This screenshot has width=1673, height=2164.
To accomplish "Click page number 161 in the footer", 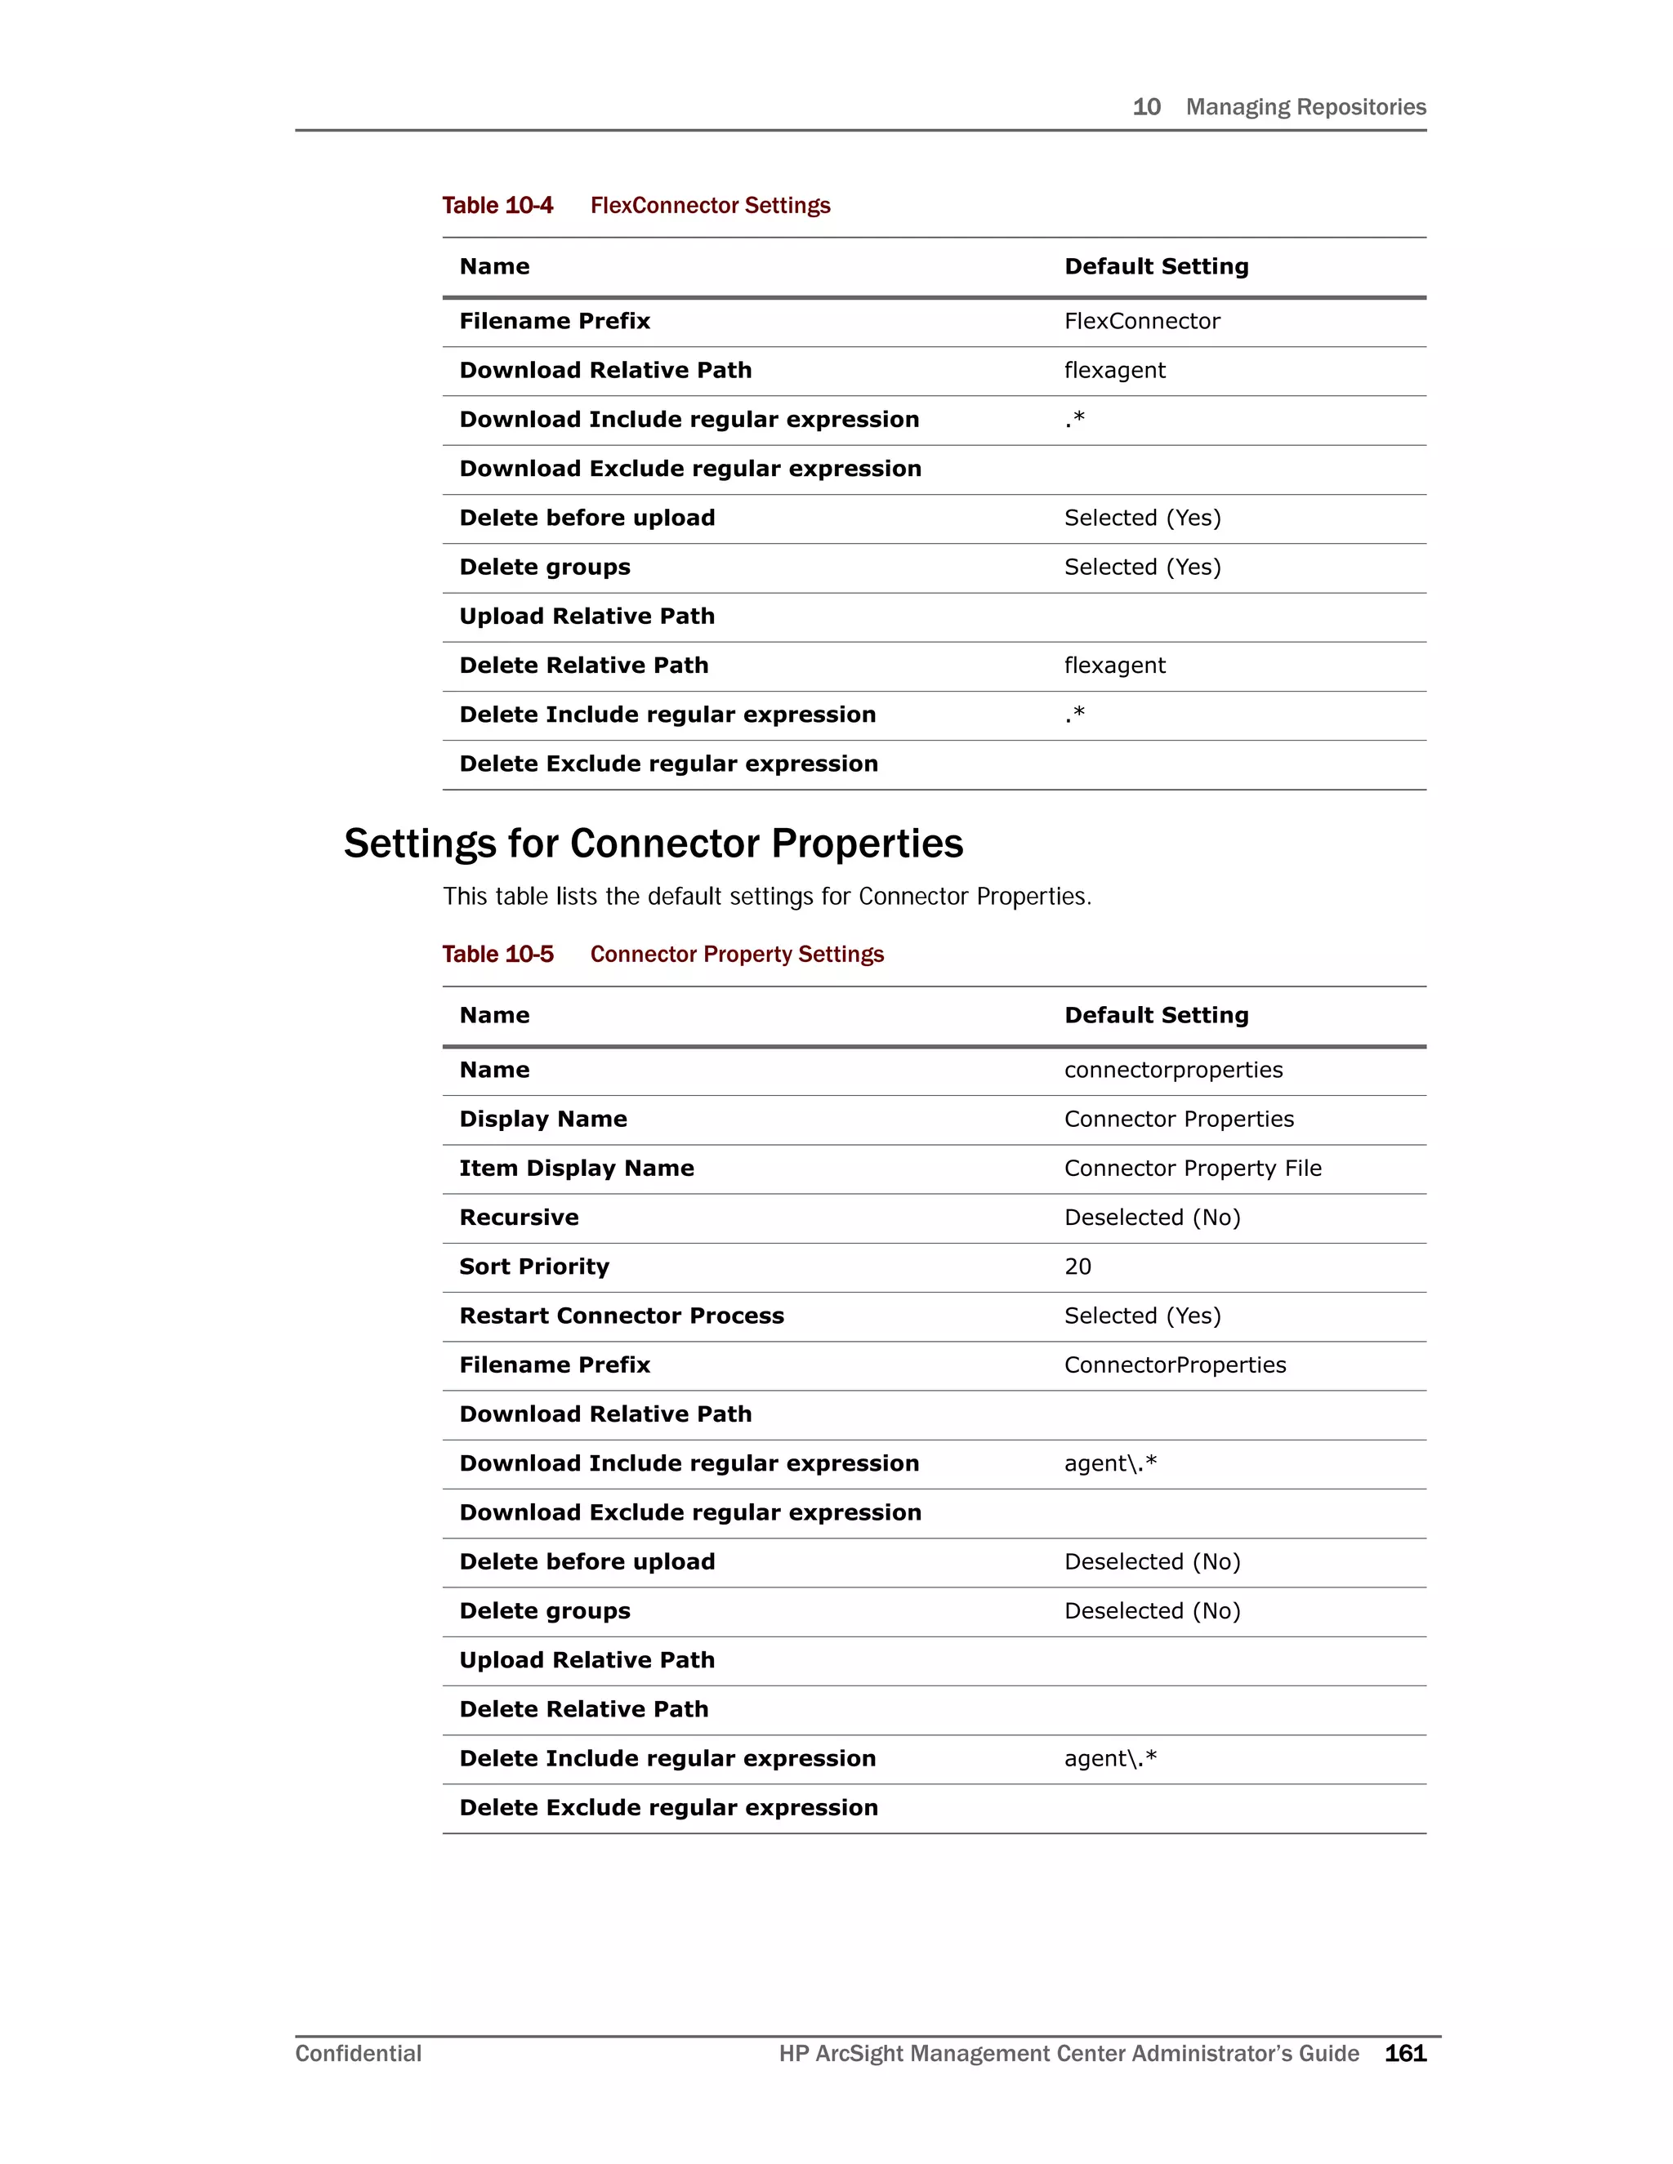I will [x=1404, y=2053].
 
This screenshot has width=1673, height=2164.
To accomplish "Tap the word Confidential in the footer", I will [x=358, y=2053].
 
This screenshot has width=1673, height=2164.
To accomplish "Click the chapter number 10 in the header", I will [x=1146, y=107].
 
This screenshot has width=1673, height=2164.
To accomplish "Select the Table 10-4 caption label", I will [x=497, y=205].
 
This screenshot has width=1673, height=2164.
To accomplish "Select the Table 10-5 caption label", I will [x=497, y=954].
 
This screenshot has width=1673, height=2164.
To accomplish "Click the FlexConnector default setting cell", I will [x=1142, y=321].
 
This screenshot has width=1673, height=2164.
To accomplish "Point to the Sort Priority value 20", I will [x=1077, y=1267].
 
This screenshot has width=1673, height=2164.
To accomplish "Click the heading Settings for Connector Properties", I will [x=654, y=844].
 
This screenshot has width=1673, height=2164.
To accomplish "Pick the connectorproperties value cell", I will [x=1174, y=1070].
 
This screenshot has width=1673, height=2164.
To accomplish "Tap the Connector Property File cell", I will [x=1193, y=1169].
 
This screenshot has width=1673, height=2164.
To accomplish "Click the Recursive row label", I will [x=519, y=1218].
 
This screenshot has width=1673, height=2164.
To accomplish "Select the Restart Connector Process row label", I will [x=622, y=1316].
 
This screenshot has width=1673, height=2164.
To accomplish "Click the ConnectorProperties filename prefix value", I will [x=1175, y=1365].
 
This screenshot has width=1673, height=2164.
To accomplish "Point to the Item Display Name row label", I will [x=576, y=1169].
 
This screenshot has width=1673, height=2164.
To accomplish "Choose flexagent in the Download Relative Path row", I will [x=1114, y=371].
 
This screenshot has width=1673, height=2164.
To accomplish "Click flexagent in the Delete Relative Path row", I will [x=1114, y=666].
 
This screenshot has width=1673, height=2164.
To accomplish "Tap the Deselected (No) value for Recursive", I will [x=1152, y=1218].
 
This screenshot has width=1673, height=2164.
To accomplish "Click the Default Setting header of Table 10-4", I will [x=1156, y=266].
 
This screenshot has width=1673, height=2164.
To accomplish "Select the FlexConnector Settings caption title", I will [x=710, y=205].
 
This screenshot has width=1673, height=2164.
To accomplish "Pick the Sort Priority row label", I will [x=534, y=1267].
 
